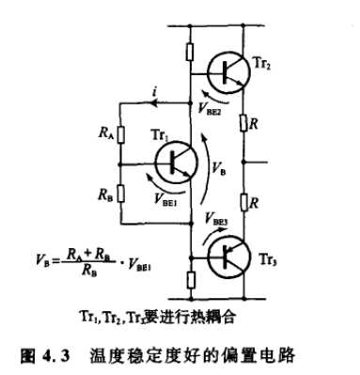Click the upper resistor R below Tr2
[245, 123]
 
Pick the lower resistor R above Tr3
[245, 202]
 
